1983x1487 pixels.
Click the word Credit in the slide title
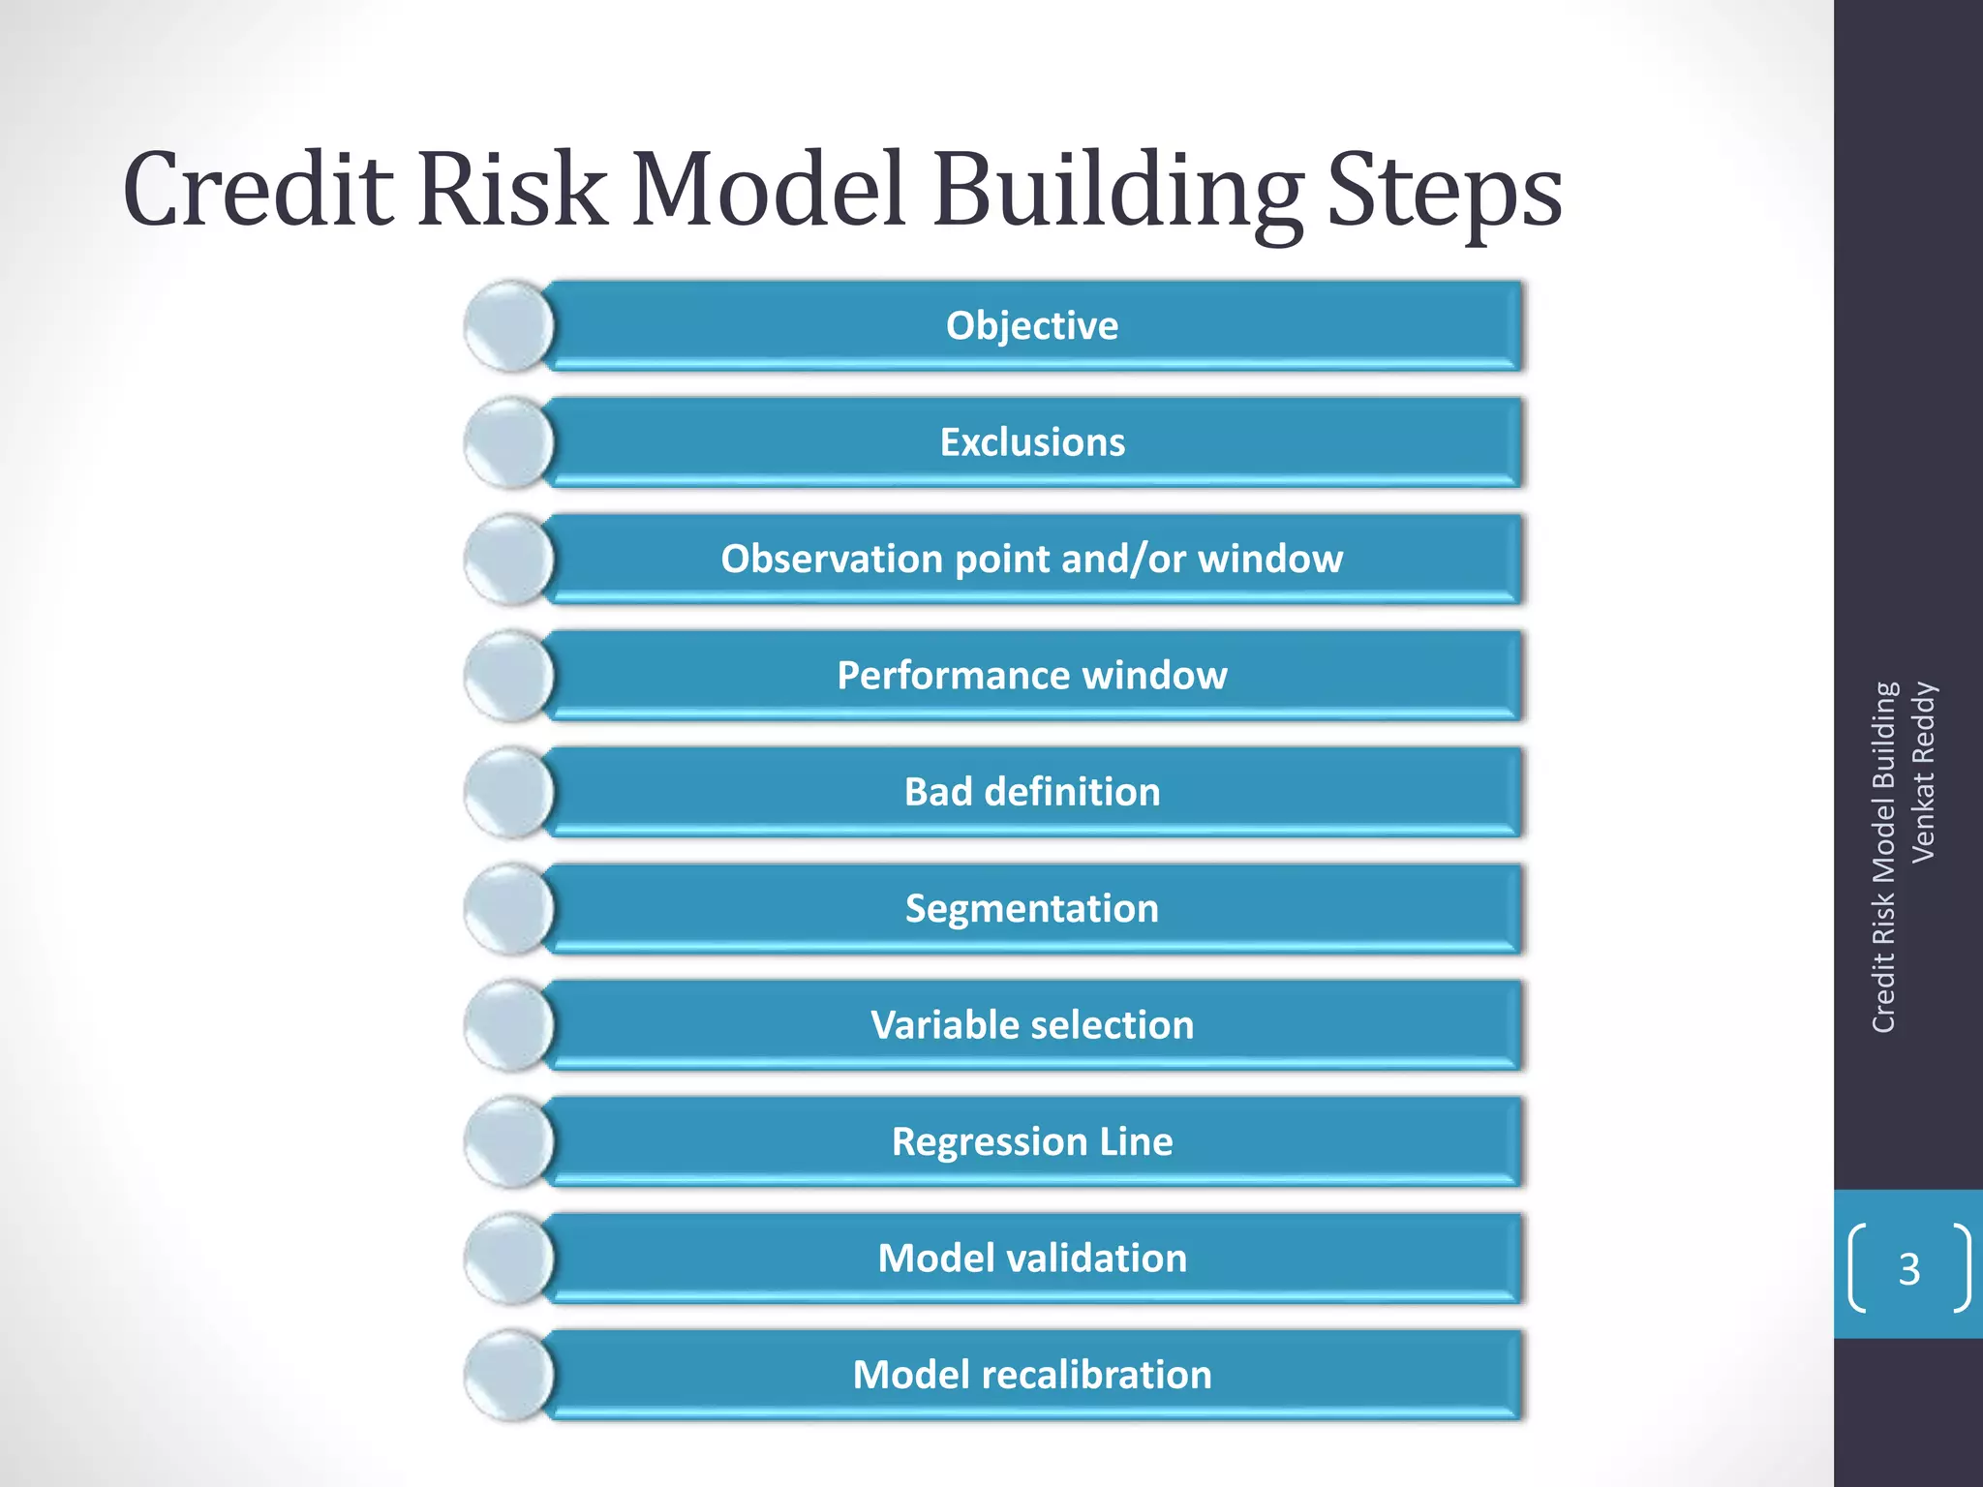point(259,190)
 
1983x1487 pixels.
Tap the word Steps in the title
point(1444,192)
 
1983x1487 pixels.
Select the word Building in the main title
point(1116,192)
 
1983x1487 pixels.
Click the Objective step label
point(1032,325)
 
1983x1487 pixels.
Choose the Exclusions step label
point(1032,442)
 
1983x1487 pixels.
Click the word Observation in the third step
point(832,559)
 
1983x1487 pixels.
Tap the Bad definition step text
point(1032,792)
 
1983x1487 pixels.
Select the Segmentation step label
point(1032,908)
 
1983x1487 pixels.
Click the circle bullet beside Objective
point(508,326)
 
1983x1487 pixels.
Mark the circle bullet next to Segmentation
point(508,909)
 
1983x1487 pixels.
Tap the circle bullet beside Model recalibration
point(508,1376)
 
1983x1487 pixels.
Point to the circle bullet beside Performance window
point(508,676)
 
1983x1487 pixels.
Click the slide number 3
point(1908,1269)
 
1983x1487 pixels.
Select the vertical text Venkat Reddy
point(1923,772)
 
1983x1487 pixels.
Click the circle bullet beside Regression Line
point(508,1142)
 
